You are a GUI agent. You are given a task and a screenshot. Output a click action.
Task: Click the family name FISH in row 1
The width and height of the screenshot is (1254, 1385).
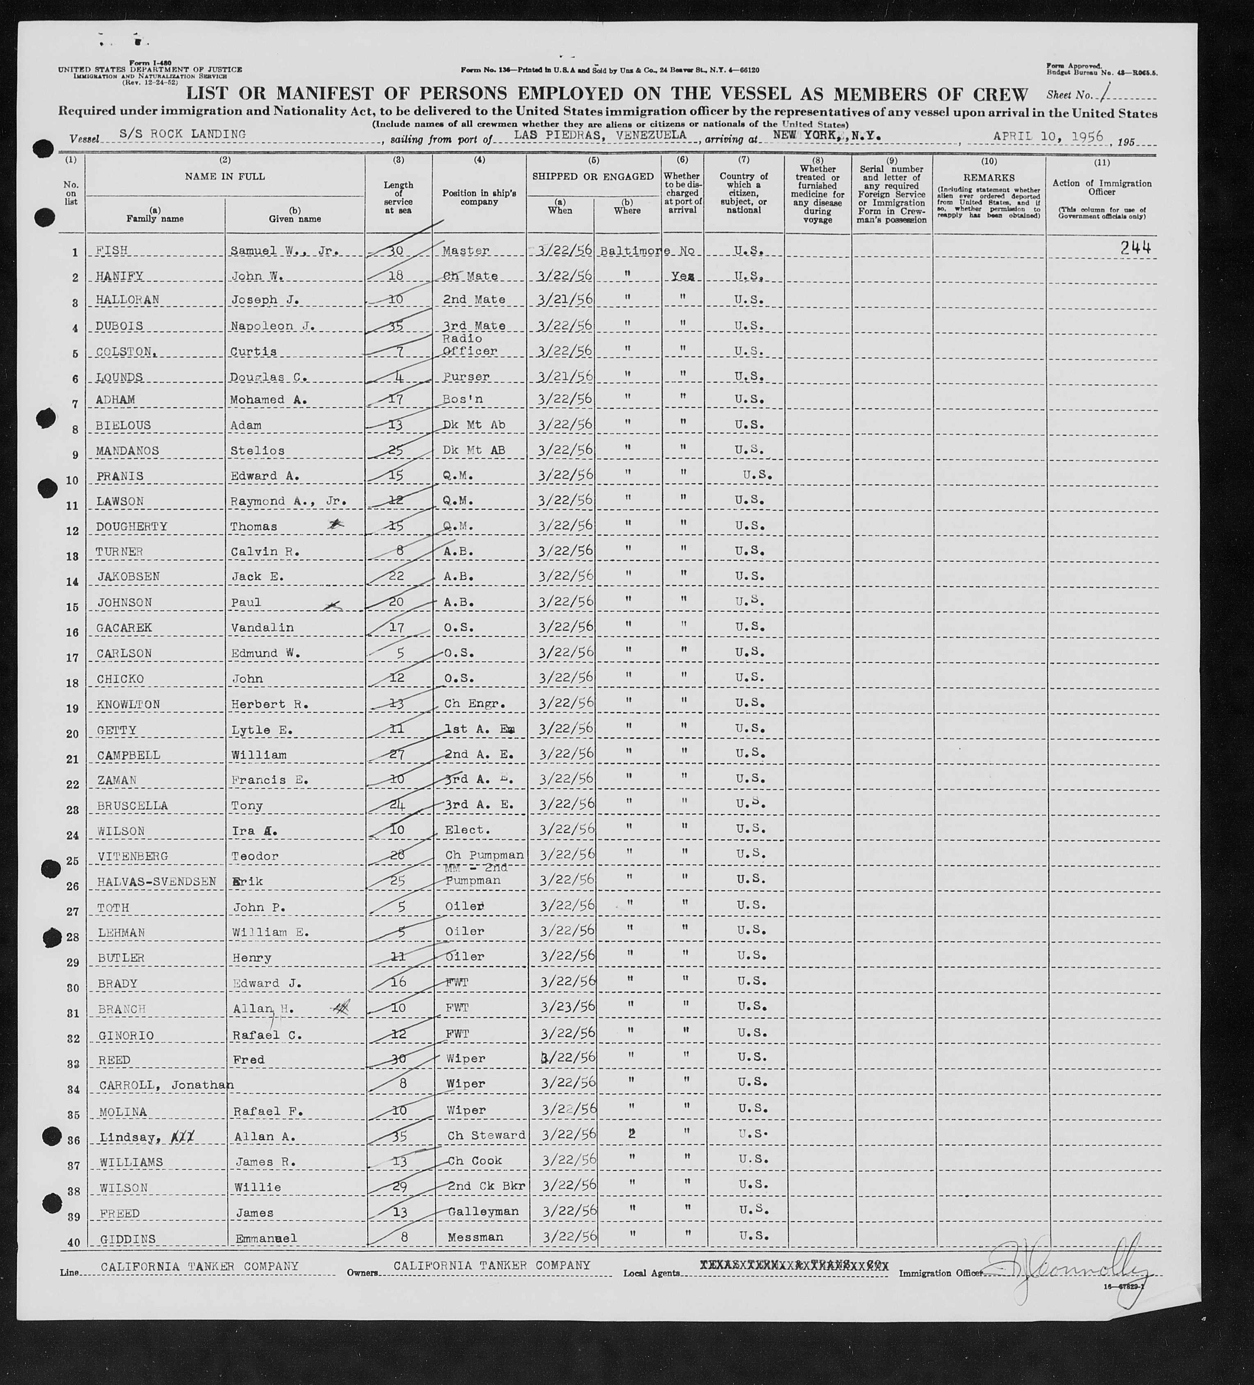(112, 251)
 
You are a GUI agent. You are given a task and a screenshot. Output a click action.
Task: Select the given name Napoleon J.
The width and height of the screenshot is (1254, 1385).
(273, 326)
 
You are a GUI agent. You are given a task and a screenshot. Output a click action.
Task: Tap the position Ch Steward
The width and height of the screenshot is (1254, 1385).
(486, 1135)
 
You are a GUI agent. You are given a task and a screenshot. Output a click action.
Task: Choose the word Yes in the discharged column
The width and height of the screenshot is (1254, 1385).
(683, 276)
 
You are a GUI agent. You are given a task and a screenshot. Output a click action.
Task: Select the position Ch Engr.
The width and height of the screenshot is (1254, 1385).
(475, 704)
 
